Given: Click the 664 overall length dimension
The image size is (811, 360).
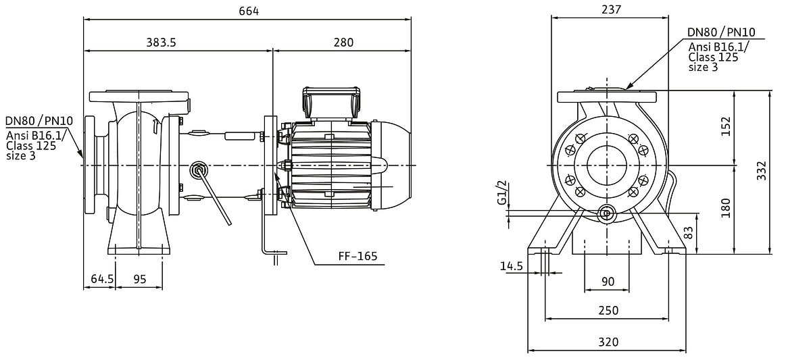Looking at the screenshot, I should (x=248, y=11).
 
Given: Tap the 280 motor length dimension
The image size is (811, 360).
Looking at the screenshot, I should (x=343, y=43).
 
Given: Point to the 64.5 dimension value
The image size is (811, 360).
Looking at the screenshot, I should (x=99, y=278).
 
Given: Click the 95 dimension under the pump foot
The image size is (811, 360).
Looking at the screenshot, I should (x=139, y=278).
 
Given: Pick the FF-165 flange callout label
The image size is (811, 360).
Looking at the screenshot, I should (x=358, y=257).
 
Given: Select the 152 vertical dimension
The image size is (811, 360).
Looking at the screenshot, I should (x=726, y=126).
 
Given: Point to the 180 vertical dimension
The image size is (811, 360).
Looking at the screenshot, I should (x=726, y=208).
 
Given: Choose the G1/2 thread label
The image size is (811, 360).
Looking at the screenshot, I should (x=501, y=192).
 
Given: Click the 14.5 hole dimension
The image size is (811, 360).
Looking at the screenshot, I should (x=512, y=266).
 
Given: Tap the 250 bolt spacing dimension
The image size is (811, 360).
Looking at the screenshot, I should (x=608, y=310).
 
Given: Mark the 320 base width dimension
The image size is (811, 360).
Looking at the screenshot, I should (x=608, y=342).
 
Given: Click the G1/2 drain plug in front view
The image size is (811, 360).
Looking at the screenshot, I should (x=606, y=213).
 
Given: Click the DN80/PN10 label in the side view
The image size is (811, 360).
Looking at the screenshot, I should (x=39, y=121).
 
